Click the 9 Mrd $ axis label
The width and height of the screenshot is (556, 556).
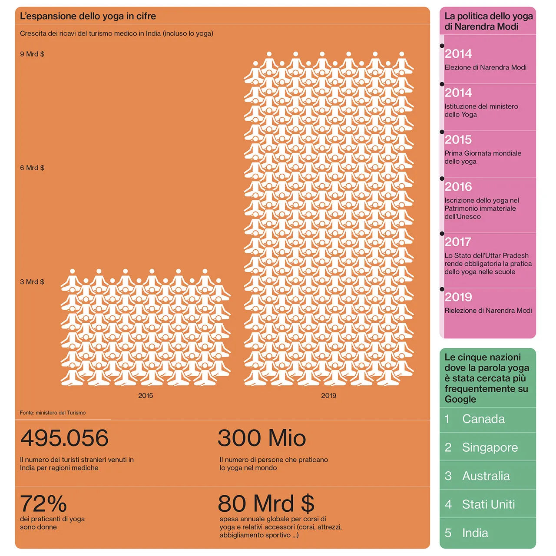pyautogui.click(x=32, y=54)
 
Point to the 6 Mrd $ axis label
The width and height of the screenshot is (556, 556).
pyautogui.click(x=32, y=168)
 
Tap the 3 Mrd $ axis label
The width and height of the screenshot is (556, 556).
pyautogui.click(x=32, y=282)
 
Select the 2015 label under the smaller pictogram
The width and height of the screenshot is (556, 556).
pyautogui.click(x=146, y=396)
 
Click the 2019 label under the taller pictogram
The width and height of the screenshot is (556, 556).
pyautogui.click(x=329, y=396)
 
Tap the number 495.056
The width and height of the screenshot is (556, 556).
pyautogui.click(x=64, y=438)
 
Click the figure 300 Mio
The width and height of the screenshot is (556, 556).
pyautogui.click(x=262, y=438)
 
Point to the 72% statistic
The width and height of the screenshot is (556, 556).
pyautogui.click(x=43, y=504)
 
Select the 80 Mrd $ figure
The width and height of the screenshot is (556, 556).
pyautogui.click(x=266, y=504)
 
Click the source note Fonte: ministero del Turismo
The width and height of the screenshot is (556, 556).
pyautogui.click(x=53, y=413)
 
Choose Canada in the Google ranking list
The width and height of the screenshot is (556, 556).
pyautogui.click(x=483, y=419)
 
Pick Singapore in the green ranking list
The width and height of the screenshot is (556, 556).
pyautogui.click(x=490, y=447)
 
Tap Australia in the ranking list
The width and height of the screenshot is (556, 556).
pyautogui.click(x=486, y=476)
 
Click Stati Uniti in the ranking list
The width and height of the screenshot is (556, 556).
pyautogui.click(x=488, y=504)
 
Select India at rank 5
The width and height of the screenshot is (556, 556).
pyautogui.click(x=475, y=533)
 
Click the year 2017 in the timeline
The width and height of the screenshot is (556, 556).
pyautogui.click(x=458, y=242)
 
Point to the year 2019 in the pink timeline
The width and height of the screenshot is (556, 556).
pyautogui.click(x=458, y=297)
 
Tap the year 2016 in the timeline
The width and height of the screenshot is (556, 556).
pyautogui.click(x=458, y=187)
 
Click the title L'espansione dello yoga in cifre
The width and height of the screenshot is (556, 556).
pyautogui.click(x=88, y=16)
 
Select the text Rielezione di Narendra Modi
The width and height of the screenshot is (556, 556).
pyautogui.click(x=488, y=311)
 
